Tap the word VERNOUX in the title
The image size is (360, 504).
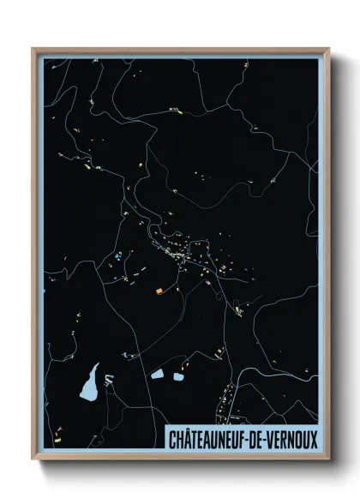289,438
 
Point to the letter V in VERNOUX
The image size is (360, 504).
267,438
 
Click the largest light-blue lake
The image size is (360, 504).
88,385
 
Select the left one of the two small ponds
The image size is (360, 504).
158,374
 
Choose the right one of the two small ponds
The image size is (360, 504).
178,375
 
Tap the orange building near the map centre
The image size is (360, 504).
159,290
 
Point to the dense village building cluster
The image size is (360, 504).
177,254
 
